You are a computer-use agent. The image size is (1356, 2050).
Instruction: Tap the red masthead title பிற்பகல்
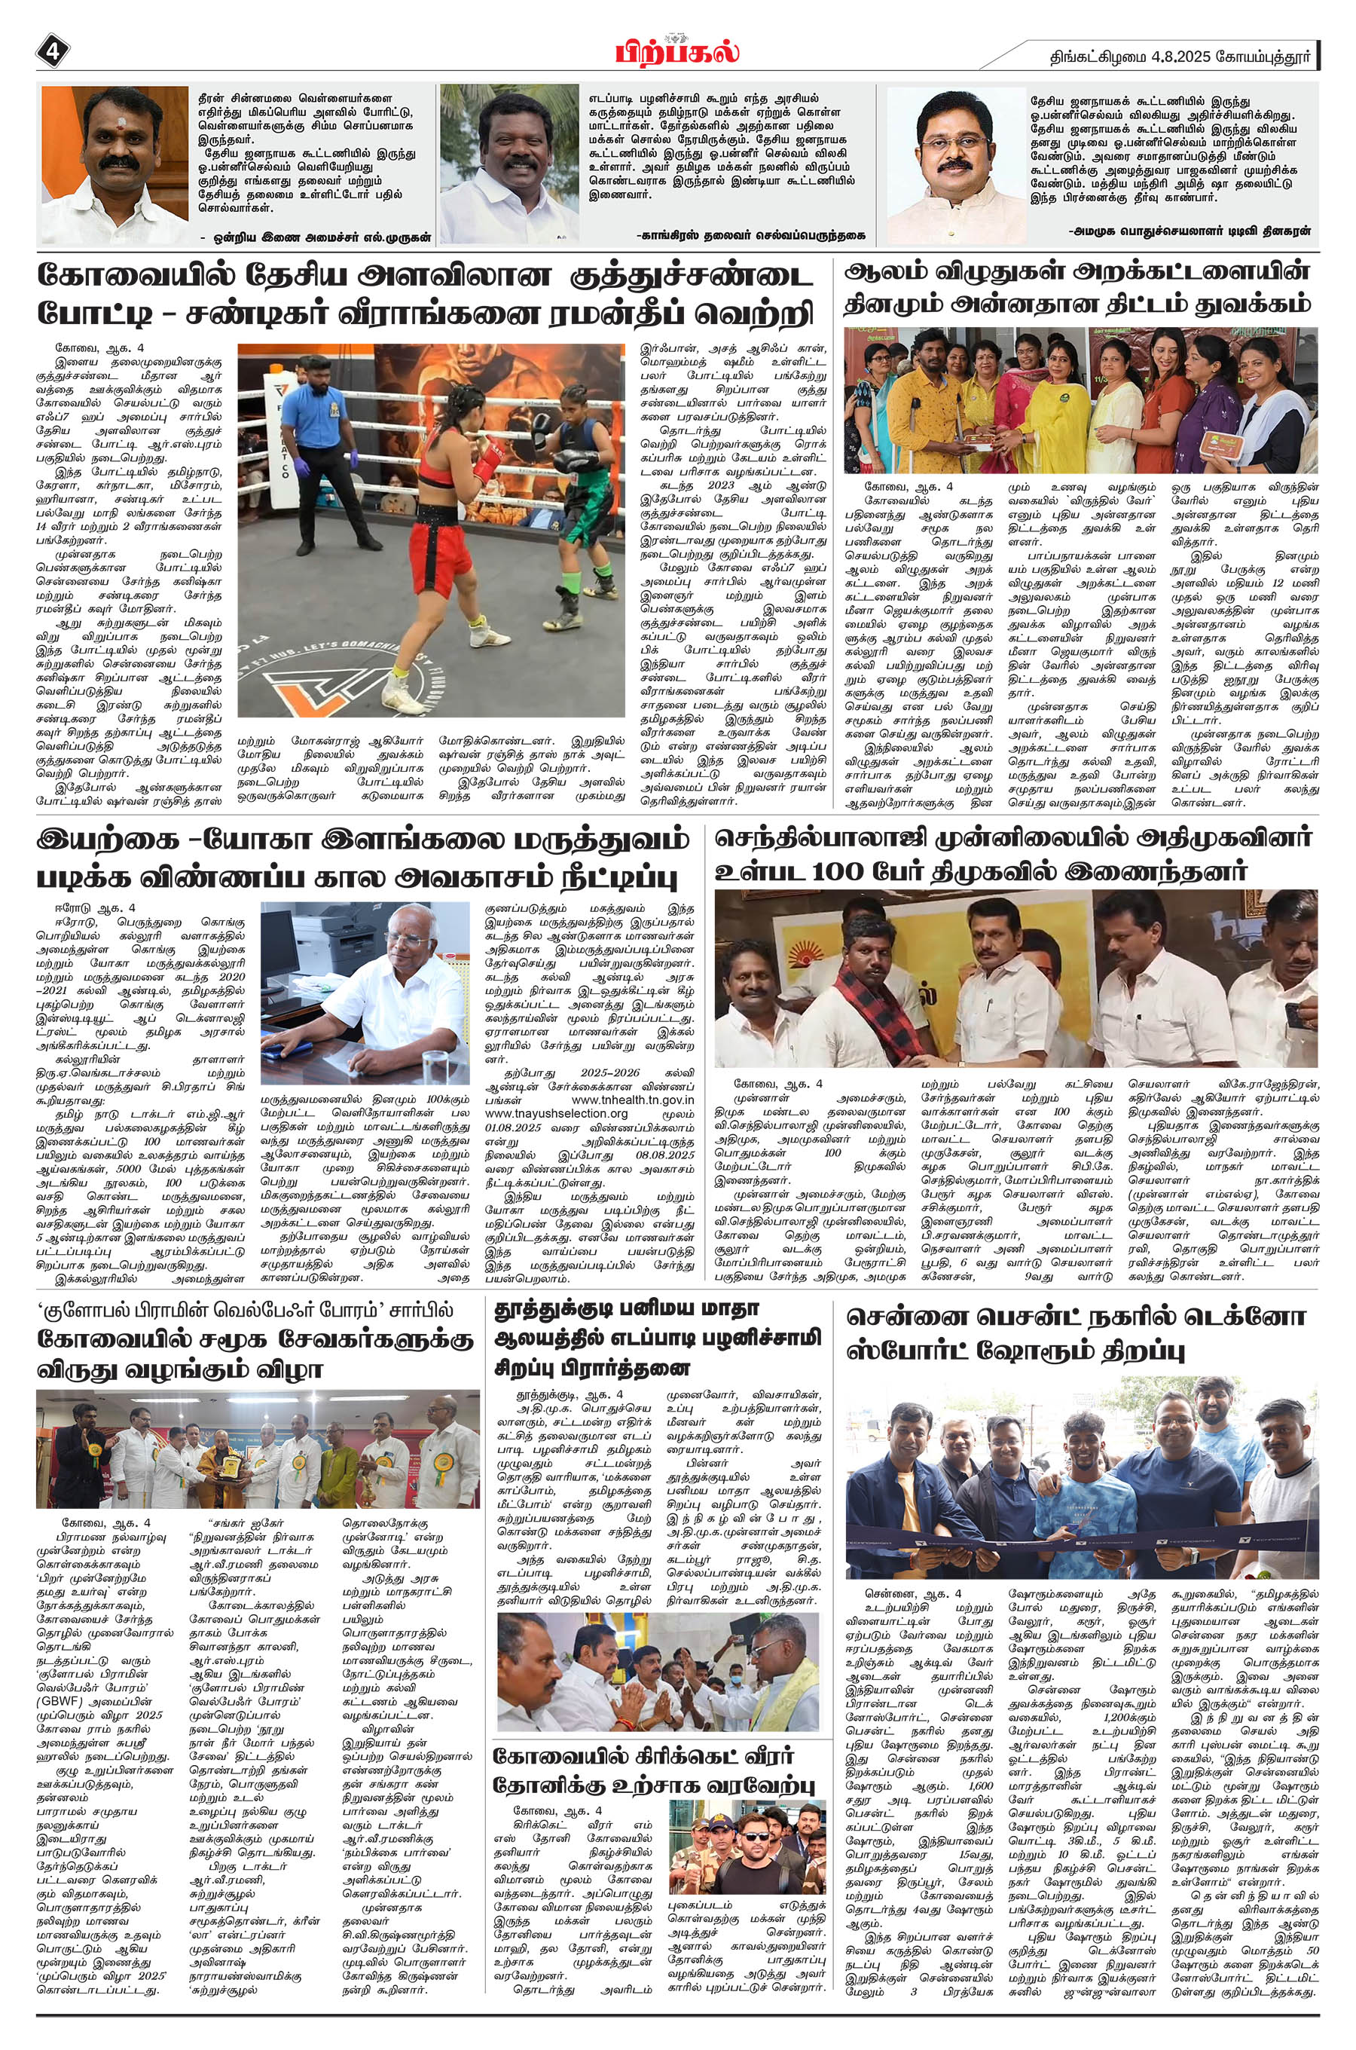pyautogui.click(x=677, y=50)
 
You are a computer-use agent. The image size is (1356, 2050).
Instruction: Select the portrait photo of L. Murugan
pyautogui.click(x=115, y=157)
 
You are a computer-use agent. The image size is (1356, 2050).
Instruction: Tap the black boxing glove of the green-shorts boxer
pyautogui.click(x=565, y=461)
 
